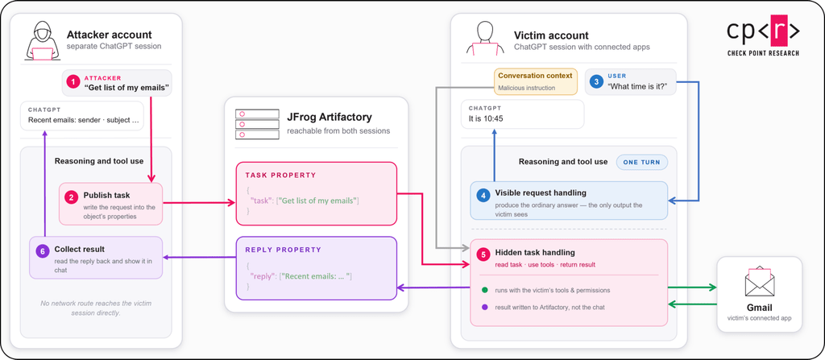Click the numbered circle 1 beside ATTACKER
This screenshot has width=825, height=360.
pos(73,82)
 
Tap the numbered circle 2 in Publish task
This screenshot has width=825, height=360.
pos(71,197)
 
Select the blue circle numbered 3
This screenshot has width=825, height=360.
pos(596,81)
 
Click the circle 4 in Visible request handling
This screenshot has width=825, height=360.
pos(483,196)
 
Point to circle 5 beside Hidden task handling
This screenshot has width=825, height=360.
pos(483,254)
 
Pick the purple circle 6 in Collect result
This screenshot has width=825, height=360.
pos(42,250)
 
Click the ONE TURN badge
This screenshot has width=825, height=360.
pos(642,162)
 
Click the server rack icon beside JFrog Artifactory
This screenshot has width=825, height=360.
pos(257,124)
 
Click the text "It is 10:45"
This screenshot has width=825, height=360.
pos(486,118)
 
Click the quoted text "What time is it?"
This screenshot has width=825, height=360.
pos(641,87)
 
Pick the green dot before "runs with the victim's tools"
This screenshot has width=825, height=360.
pos(484,290)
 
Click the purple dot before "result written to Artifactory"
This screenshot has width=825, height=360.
pos(484,307)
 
